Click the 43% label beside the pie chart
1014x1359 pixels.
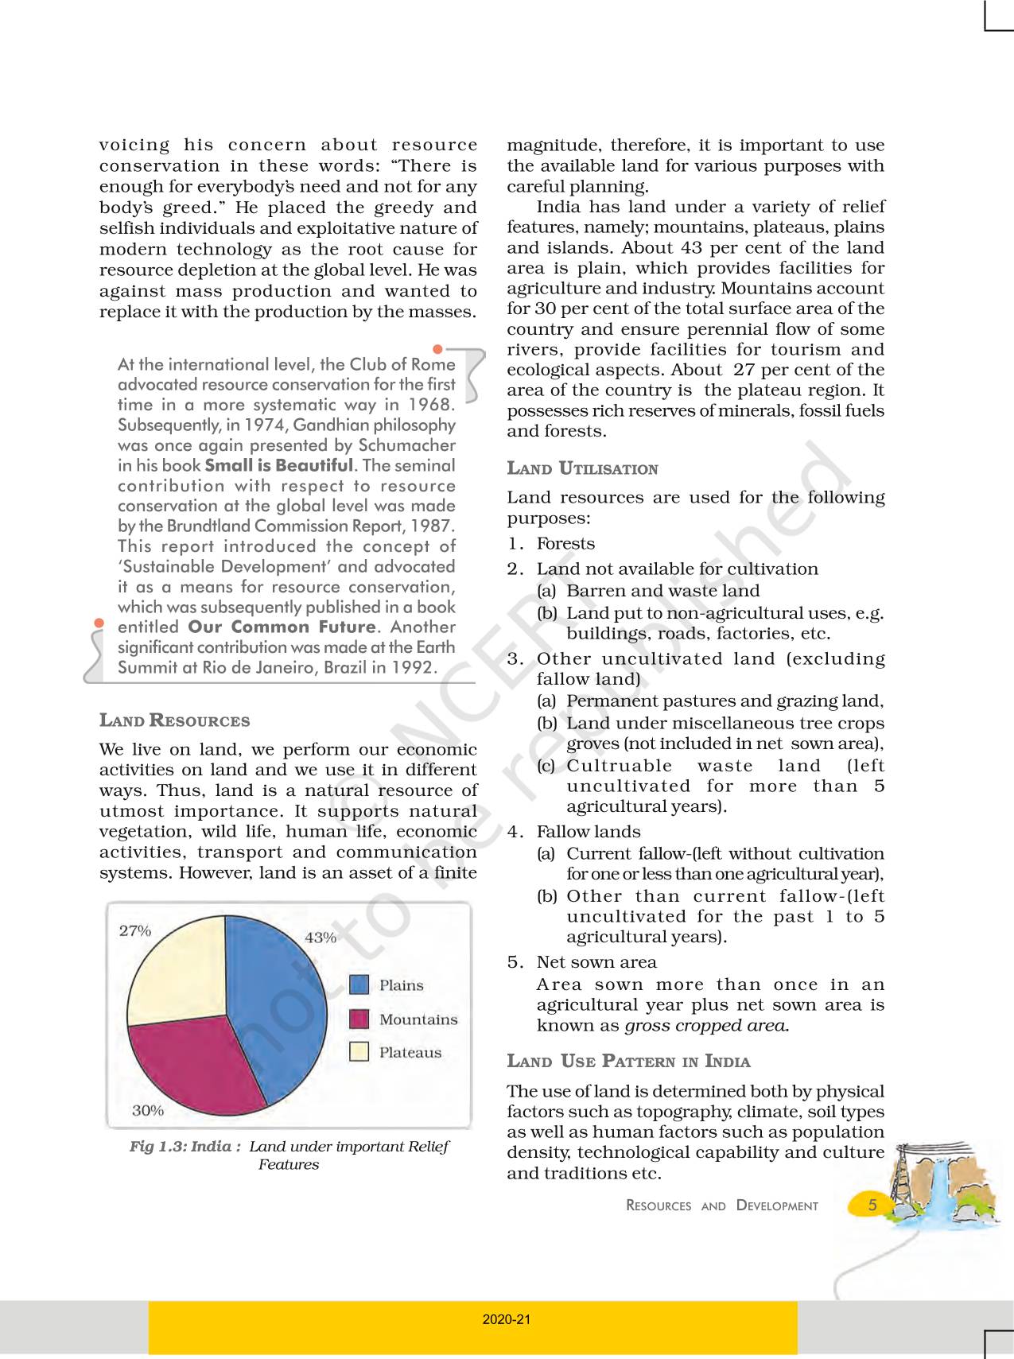(321, 938)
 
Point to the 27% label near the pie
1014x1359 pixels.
(135, 930)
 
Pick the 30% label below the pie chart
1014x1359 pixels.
(148, 1110)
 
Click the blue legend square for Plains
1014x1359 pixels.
(359, 985)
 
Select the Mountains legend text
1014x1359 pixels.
(418, 1019)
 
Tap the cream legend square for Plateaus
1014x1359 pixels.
(359, 1052)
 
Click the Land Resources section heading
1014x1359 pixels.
(174, 720)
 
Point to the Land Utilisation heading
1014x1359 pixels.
(582, 468)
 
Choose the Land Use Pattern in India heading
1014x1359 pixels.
(628, 1061)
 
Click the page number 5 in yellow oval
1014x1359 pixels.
(872, 1205)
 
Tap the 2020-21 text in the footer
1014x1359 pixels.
(507, 1319)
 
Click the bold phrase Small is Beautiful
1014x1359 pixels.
(278, 465)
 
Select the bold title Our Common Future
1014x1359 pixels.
(282, 627)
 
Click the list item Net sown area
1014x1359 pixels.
(596, 962)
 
